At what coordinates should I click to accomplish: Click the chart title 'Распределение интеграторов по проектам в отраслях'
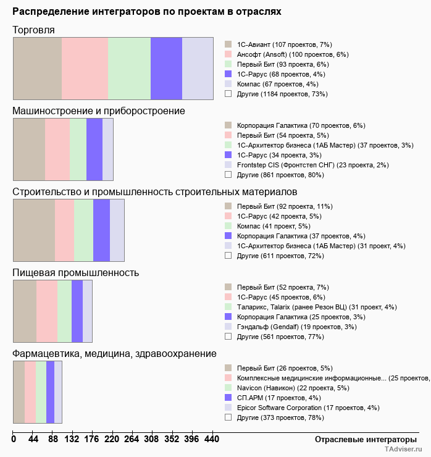coord(147,12)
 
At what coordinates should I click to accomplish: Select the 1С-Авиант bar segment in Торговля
coord(38,68)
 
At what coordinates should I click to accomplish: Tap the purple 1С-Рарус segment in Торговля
coord(166,68)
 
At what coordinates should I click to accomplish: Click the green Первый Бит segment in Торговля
coord(130,68)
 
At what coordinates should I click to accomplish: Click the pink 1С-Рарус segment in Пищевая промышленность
coord(47,311)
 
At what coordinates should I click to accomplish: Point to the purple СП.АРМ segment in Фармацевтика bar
coord(50,392)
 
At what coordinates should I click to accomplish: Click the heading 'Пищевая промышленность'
coord(75,272)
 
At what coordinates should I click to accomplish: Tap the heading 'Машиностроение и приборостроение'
coord(99,111)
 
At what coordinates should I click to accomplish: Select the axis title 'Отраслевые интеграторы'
coord(361,439)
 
